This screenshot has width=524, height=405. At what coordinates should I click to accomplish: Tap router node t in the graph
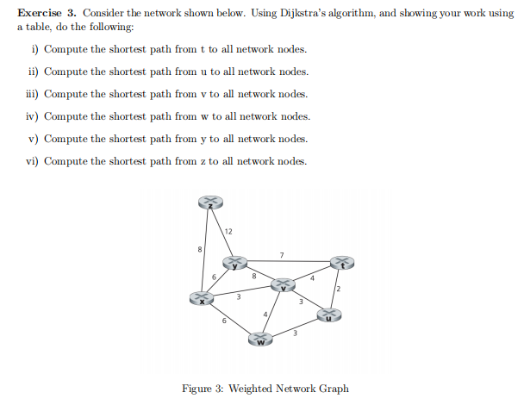pyautogui.click(x=341, y=264)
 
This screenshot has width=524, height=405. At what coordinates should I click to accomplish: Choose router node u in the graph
pyautogui.click(x=329, y=315)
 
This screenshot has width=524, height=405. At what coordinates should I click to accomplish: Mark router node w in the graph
pyautogui.click(x=261, y=342)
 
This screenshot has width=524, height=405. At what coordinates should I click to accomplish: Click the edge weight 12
pyautogui.click(x=228, y=231)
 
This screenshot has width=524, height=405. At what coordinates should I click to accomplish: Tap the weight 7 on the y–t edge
pyautogui.click(x=281, y=254)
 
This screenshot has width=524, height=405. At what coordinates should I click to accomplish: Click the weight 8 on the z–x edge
pyautogui.click(x=201, y=249)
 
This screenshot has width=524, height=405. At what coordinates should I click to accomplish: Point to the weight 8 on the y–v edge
pyautogui.click(x=253, y=277)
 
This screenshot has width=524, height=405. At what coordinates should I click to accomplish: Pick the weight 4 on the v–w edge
pyautogui.click(x=265, y=313)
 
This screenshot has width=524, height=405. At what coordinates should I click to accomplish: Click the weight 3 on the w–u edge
pyautogui.click(x=296, y=334)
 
